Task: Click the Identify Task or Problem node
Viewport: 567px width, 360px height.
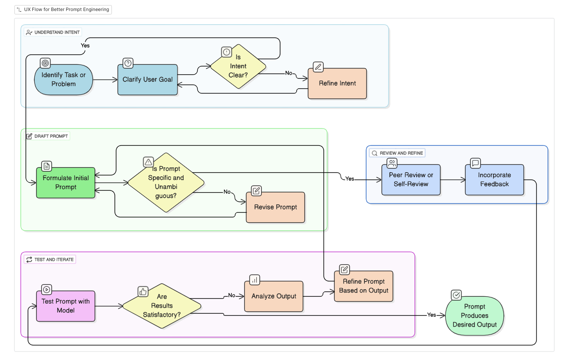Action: (x=64, y=80)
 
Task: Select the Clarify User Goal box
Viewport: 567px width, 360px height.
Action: (x=147, y=80)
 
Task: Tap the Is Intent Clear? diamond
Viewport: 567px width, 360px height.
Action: (x=238, y=67)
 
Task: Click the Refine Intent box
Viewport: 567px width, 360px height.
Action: (x=337, y=84)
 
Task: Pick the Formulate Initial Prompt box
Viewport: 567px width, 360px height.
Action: (x=66, y=183)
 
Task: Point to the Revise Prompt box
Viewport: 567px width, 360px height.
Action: (x=275, y=207)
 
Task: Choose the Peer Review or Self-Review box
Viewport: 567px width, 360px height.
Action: (x=411, y=180)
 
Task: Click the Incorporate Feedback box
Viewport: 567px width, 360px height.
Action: (x=495, y=180)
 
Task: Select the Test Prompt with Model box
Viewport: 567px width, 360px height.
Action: (x=66, y=306)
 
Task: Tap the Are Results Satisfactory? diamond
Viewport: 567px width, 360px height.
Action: (x=162, y=306)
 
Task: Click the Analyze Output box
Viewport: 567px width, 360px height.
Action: (x=274, y=296)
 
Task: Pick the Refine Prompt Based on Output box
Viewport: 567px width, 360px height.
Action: (x=364, y=286)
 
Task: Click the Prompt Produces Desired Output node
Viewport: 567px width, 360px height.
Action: (x=475, y=315)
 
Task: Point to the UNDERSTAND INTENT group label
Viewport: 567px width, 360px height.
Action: (x=53, y=32)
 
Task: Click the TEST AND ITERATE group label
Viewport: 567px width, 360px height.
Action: (x=50, y=260)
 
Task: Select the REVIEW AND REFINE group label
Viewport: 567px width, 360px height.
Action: (x=397, y=153)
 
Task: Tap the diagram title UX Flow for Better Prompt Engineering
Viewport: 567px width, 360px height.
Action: (x=63, y=10)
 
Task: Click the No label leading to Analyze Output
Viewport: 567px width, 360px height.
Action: (x=232, y=295)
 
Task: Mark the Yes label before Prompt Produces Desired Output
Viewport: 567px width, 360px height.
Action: (x=431, y=315)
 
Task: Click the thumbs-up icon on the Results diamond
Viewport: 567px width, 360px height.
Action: (x=143, y=292)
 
